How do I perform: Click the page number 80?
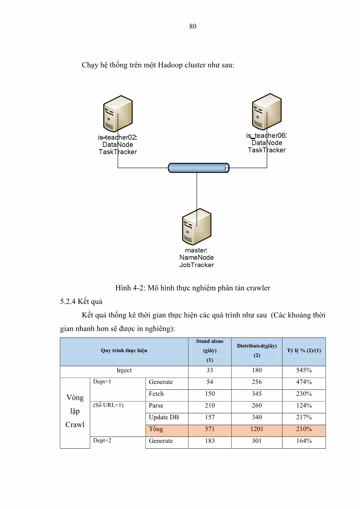(193, 26)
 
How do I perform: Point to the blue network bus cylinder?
(199, 168)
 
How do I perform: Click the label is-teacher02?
(117, 137)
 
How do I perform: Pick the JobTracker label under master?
(196, 265)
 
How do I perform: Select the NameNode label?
(196, 257)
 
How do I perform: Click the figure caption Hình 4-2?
(193, 288)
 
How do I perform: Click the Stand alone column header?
(209, 341)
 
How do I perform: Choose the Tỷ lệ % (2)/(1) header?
(304, 350)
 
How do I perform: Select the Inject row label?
(124, 370)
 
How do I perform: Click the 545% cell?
(304, 370)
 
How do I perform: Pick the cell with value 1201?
(257, 429)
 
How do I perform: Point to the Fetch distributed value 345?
(257, 394)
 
